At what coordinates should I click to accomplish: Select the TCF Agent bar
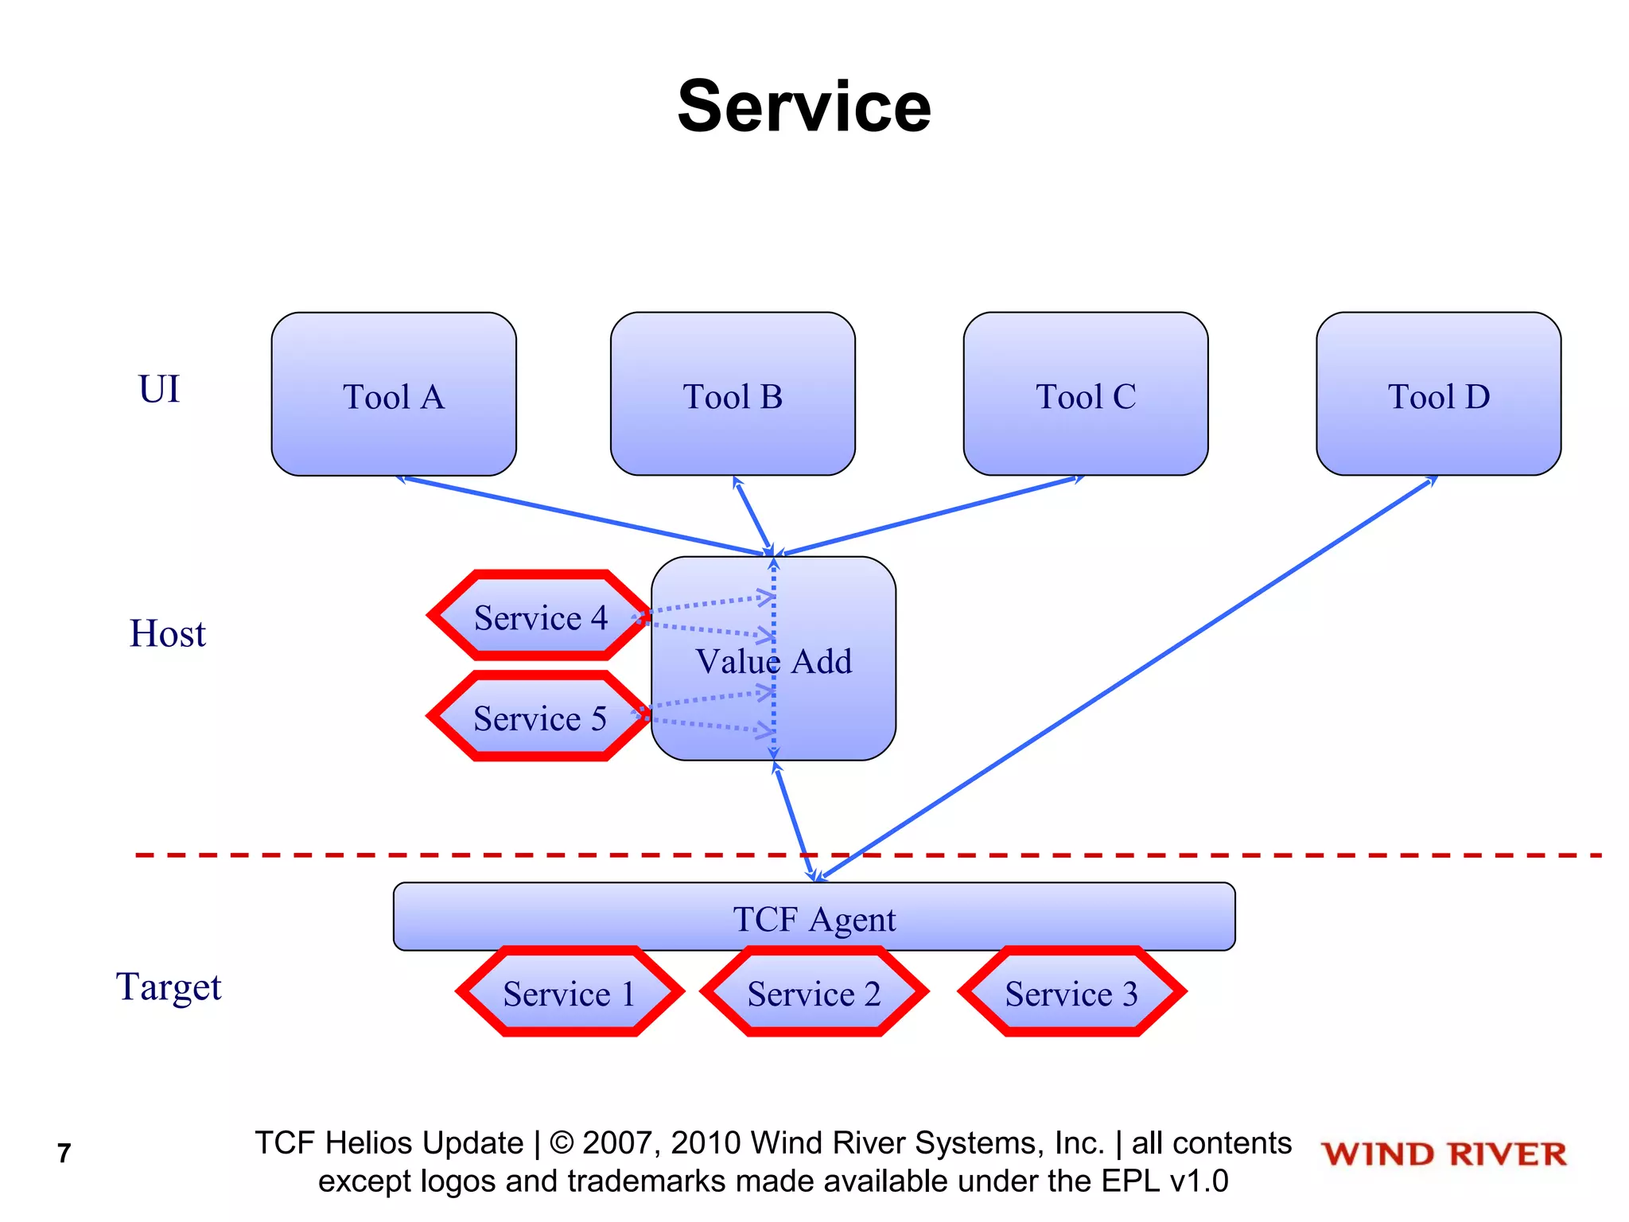point(814,916)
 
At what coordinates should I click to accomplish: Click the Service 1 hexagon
point(570,992)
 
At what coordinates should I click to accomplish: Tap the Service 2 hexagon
point(814,992)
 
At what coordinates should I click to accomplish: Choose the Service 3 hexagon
point(1071,992)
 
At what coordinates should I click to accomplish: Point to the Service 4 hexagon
point(540,616)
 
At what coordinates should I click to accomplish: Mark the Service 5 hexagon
point(540,717)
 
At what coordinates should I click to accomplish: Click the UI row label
point(159,389)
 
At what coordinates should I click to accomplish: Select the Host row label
point(167,633)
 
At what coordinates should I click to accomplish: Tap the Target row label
point(169,987)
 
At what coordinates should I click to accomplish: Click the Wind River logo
point(1444,1154)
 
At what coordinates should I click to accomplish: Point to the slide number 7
point(64,1153)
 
